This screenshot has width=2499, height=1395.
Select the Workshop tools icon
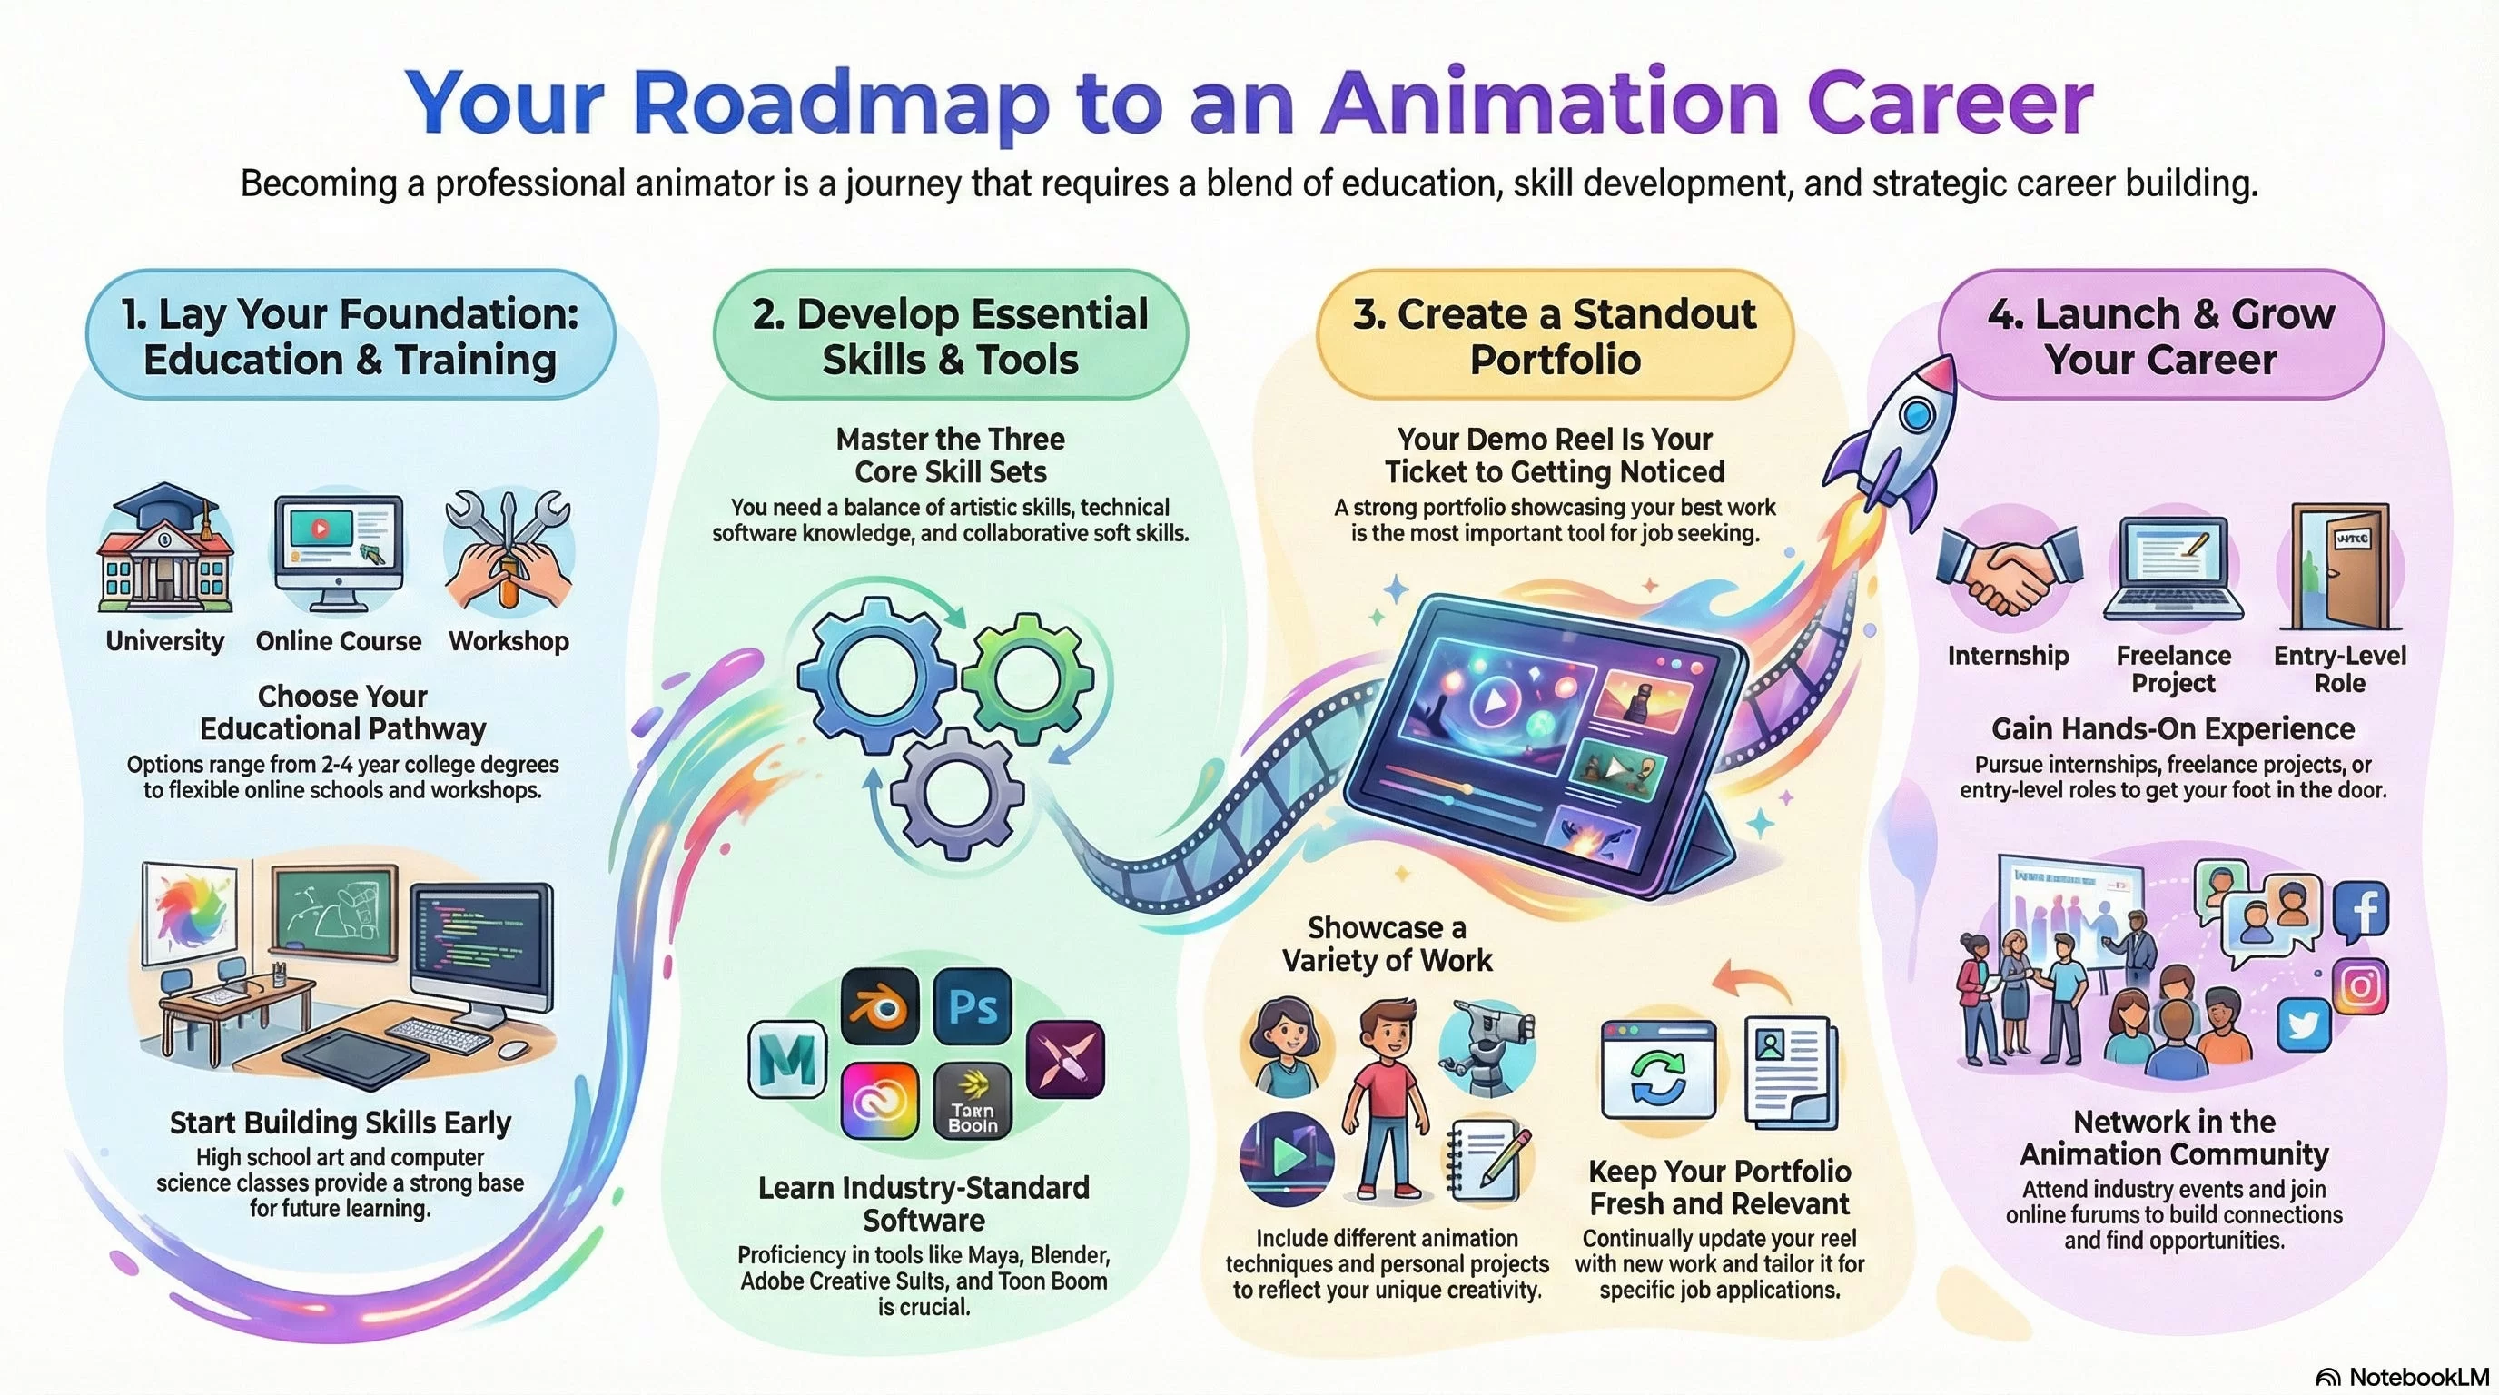pyautogui.click(x=509, y=549)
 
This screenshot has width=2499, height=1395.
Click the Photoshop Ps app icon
pyautogui.click(x=972, y=1006)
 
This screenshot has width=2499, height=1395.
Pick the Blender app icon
pyautogui.click(x=879, y=1006)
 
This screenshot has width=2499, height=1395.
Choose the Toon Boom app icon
pyautogui.click(x=972, y=1101)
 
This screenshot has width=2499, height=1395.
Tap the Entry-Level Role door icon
pyautogui.click(x=2342, y=568)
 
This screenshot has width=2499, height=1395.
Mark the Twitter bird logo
pyautogui.click(x=2303, y=1025)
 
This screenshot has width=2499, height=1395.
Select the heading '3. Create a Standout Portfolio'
pyautogui.click(x=1556, y=336)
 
